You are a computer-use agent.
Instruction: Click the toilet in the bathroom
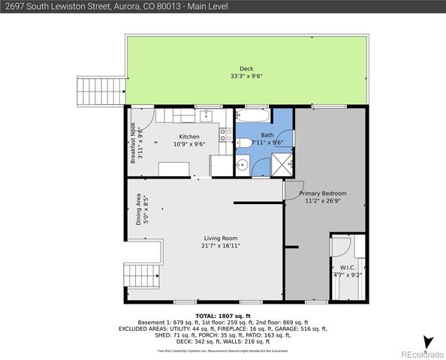click(245, 143)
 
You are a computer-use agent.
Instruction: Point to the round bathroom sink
click(243, 163)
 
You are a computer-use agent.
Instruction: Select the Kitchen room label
click(188, 136)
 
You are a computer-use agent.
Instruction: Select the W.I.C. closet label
click(348, 267)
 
